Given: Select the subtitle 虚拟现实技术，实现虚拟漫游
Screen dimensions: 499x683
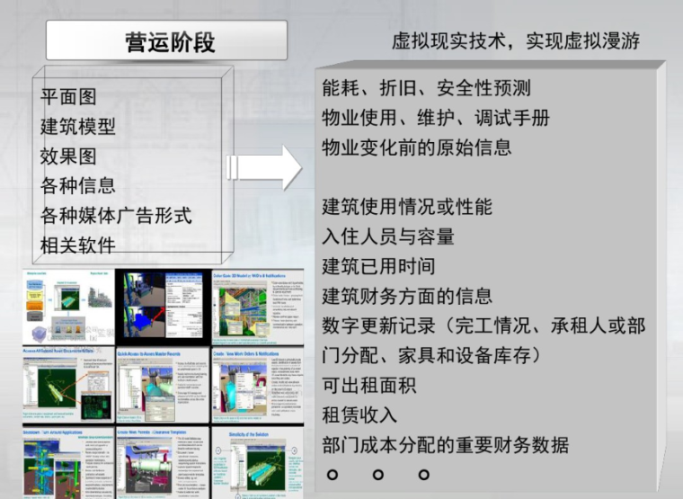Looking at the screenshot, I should tap(515, 41).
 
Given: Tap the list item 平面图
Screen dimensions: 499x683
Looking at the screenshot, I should tap(68, 97).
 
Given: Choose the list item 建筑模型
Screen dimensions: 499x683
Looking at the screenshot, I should tap(78, 127).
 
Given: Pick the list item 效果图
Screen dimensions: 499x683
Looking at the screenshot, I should tap(68, 156).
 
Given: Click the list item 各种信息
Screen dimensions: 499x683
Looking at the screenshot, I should tap(78, 186).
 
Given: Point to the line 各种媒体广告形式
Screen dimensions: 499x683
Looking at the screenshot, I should tap(116, 216).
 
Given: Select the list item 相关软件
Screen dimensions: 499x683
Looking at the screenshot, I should tap(78, 245).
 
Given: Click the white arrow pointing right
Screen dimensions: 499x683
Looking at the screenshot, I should tap(267, 167).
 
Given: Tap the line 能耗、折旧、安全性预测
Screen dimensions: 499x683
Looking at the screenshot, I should tap(426, 88).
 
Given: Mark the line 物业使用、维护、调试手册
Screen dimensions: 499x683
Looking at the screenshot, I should tap(436, 118).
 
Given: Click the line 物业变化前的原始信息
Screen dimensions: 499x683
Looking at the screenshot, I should tap(417, 147).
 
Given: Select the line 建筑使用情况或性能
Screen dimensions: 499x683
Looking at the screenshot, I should tap(407, 207).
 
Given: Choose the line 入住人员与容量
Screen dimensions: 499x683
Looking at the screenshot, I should tap(388, 236).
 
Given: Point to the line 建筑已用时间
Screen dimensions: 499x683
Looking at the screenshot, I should tap(378, 266).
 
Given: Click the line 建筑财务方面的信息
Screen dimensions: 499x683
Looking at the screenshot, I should tap(407, 296).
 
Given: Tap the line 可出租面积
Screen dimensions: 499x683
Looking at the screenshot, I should tap(369, 386).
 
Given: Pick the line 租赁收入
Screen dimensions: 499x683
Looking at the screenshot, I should tap(359, 415).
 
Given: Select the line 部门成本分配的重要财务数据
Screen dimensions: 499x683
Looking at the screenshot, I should tap(446, 445).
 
